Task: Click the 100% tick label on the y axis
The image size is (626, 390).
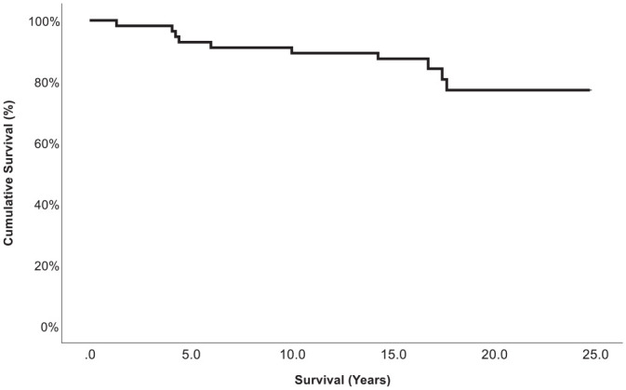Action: (x=45, y=21)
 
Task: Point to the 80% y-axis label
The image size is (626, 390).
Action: (x=47, y=83)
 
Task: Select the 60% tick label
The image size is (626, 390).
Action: (x=47, y=144)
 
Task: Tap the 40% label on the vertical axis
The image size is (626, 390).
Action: (x=47, y=205)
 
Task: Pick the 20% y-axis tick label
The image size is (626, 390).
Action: (x=47, y=266)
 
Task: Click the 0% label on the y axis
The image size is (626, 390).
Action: (x=50, y=328)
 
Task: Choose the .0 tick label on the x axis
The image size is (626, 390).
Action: (x=90, y=355)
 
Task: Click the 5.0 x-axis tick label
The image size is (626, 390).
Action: (x=192, y=355)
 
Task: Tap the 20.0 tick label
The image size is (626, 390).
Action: (x=494, y=355)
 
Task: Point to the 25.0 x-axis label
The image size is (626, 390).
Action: (x=595, y=355)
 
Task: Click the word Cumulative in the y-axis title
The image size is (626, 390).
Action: (x=8, y=212)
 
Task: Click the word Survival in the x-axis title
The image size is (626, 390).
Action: (x=319, y=380)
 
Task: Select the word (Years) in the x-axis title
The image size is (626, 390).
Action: (x=368, y=380)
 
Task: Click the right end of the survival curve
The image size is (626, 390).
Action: (x=590, y=90)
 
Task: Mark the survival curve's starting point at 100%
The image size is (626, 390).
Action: (x=90, y=20)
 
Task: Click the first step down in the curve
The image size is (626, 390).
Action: (x=116, y=22)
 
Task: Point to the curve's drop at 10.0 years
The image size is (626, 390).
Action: (x=292, y=50)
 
